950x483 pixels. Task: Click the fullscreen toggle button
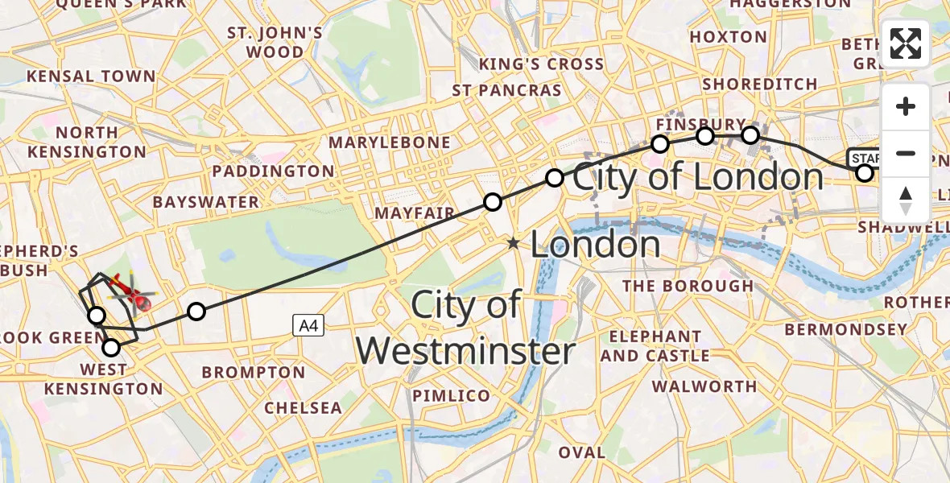coord(906,43)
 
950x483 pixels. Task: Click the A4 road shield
coord(308,325)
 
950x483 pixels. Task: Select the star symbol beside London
coord(513,242)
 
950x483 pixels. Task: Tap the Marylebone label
coord(390,142)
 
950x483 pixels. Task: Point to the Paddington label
coord(273,171)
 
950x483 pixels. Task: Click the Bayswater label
coord(205,201)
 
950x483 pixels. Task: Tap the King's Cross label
coord(541,64)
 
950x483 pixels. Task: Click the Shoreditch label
coord(760,85)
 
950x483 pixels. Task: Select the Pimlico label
coord(451,396)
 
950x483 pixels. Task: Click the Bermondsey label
coord(845,329)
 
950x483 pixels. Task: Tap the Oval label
coord(581,452)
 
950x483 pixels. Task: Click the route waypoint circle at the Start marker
coord(865,173)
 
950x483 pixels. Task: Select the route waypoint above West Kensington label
coord(111,348)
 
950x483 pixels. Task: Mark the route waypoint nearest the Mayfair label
coord(493,202)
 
